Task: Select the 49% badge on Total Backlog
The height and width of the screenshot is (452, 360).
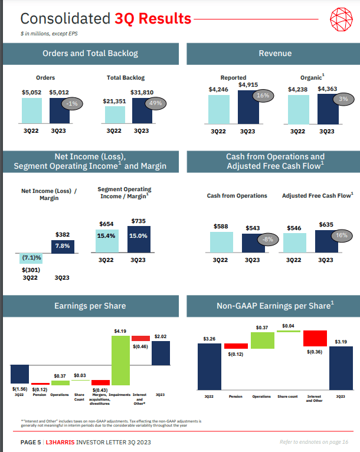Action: [155, 103]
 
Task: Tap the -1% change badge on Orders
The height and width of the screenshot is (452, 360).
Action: [73, 103]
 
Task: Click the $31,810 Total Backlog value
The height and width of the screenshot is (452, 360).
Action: [142, 92]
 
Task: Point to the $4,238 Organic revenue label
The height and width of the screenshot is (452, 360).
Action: [297, 89]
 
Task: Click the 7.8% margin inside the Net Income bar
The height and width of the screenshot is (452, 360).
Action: [63, 245]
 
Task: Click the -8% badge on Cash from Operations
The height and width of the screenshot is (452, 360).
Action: [269, 239]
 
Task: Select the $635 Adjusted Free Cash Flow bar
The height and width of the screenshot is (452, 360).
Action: [326, 241]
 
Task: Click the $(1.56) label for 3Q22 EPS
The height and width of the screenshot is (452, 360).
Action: [19, 389]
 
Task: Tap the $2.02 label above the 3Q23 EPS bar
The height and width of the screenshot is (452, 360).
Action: [161, 336]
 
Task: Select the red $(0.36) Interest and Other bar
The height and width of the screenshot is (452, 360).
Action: [315, 338]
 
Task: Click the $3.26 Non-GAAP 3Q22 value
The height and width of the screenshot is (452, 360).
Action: [209, 339]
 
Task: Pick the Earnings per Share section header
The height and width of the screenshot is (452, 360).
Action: [90, 306]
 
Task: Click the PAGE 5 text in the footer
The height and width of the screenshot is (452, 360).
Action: [31, 442]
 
